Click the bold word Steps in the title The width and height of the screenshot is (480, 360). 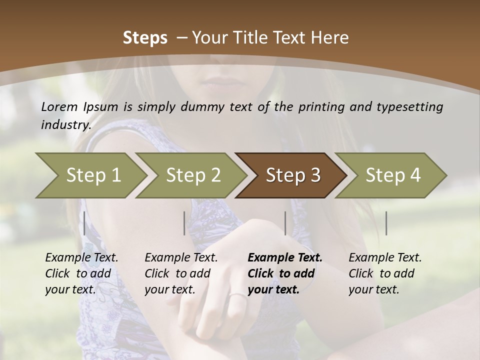tap(145, 38)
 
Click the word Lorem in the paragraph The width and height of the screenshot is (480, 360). tap(58, 107)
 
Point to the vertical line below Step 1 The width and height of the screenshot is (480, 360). tap(84, 223)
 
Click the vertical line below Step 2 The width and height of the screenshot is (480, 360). tap(184, 223)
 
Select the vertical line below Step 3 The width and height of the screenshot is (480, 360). tap(285, 223)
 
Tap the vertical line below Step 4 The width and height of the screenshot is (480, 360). tap(386, 223)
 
